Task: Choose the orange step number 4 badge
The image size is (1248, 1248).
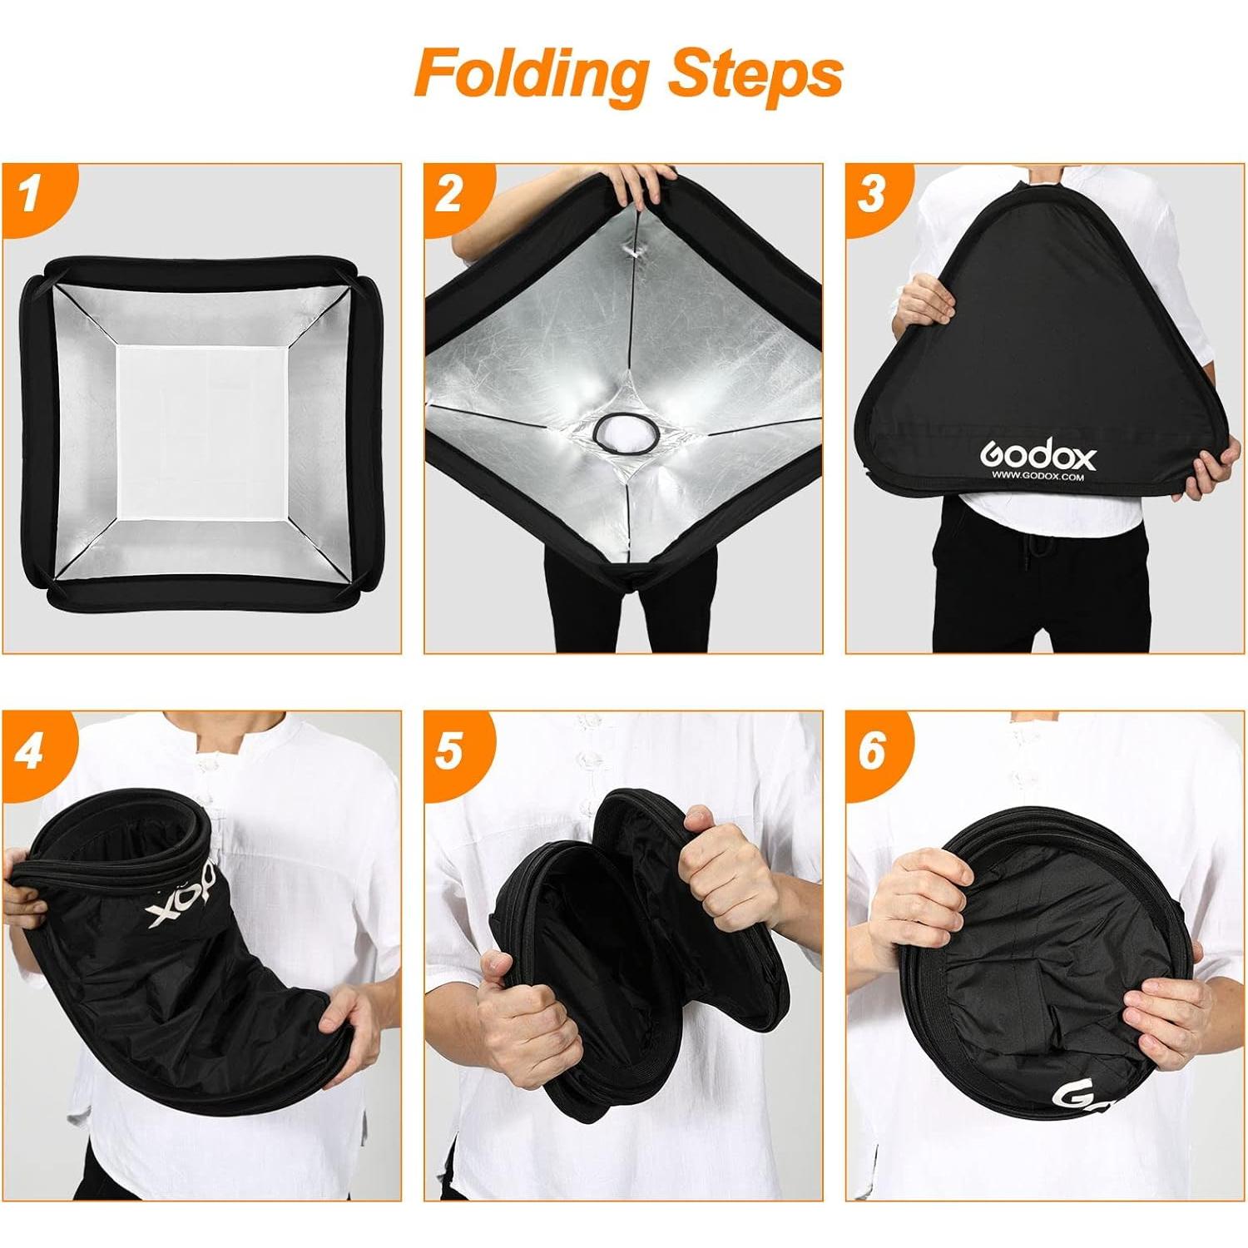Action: coord(32,752)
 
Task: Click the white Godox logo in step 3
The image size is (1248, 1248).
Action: coord(1038,455)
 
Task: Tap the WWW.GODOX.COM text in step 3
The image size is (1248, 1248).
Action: coord(1038,478)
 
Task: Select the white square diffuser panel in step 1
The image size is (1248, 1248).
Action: coord(202,433)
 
